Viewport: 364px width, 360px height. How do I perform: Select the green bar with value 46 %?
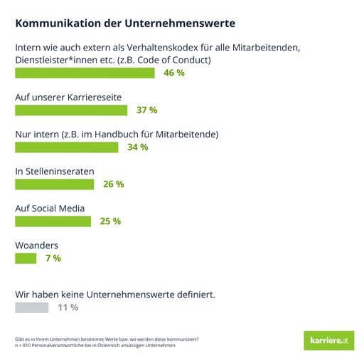coord(85,73)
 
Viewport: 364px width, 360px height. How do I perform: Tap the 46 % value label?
coord(174,73)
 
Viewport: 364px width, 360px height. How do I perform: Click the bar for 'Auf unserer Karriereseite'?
coord(71,110)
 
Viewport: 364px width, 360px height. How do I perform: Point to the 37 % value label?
coord(146,110)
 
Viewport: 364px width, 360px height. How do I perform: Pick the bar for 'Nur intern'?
coord(67,147)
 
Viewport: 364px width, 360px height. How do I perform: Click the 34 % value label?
coord(137,147)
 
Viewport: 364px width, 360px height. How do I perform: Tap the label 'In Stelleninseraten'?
coord(55,171)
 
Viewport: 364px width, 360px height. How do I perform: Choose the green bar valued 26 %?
coord(55,184)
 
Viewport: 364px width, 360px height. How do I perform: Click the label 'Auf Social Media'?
coord(50,208)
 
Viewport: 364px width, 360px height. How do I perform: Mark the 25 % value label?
coord(110,221)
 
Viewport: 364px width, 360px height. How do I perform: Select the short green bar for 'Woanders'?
coord(26,258)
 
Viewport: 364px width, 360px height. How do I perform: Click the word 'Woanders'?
coord(36,245)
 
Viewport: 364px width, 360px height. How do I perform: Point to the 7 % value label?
coord(53,258)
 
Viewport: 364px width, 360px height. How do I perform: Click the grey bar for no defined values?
coord(32,307)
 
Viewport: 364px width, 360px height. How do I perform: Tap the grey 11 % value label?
coord(68,307)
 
